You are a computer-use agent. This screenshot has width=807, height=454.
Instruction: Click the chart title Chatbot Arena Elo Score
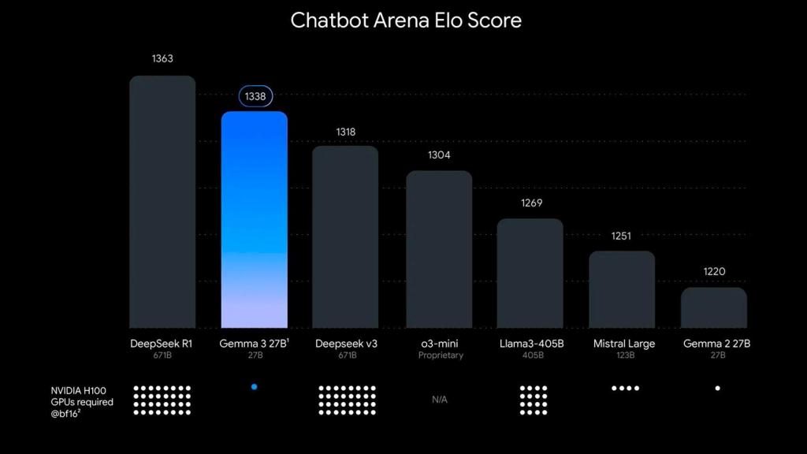406,20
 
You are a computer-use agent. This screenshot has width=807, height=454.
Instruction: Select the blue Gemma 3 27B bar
254,221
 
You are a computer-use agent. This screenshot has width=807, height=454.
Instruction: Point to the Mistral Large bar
622,289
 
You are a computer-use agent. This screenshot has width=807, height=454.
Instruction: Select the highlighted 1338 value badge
255,96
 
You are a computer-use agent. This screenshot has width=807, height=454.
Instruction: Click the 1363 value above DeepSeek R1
162,59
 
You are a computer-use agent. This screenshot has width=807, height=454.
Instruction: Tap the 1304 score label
439,155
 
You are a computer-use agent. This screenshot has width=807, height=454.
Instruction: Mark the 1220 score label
714,272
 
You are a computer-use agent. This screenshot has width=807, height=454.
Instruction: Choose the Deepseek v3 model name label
347,344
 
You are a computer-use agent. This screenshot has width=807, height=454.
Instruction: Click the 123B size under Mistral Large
623,355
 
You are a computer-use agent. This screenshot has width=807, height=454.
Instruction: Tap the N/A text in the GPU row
439,400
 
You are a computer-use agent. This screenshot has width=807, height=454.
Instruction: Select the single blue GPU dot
254,387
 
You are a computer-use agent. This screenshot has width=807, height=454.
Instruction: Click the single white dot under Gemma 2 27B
717,388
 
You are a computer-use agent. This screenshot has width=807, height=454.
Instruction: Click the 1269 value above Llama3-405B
532,203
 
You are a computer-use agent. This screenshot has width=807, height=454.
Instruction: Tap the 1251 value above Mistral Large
621,236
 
